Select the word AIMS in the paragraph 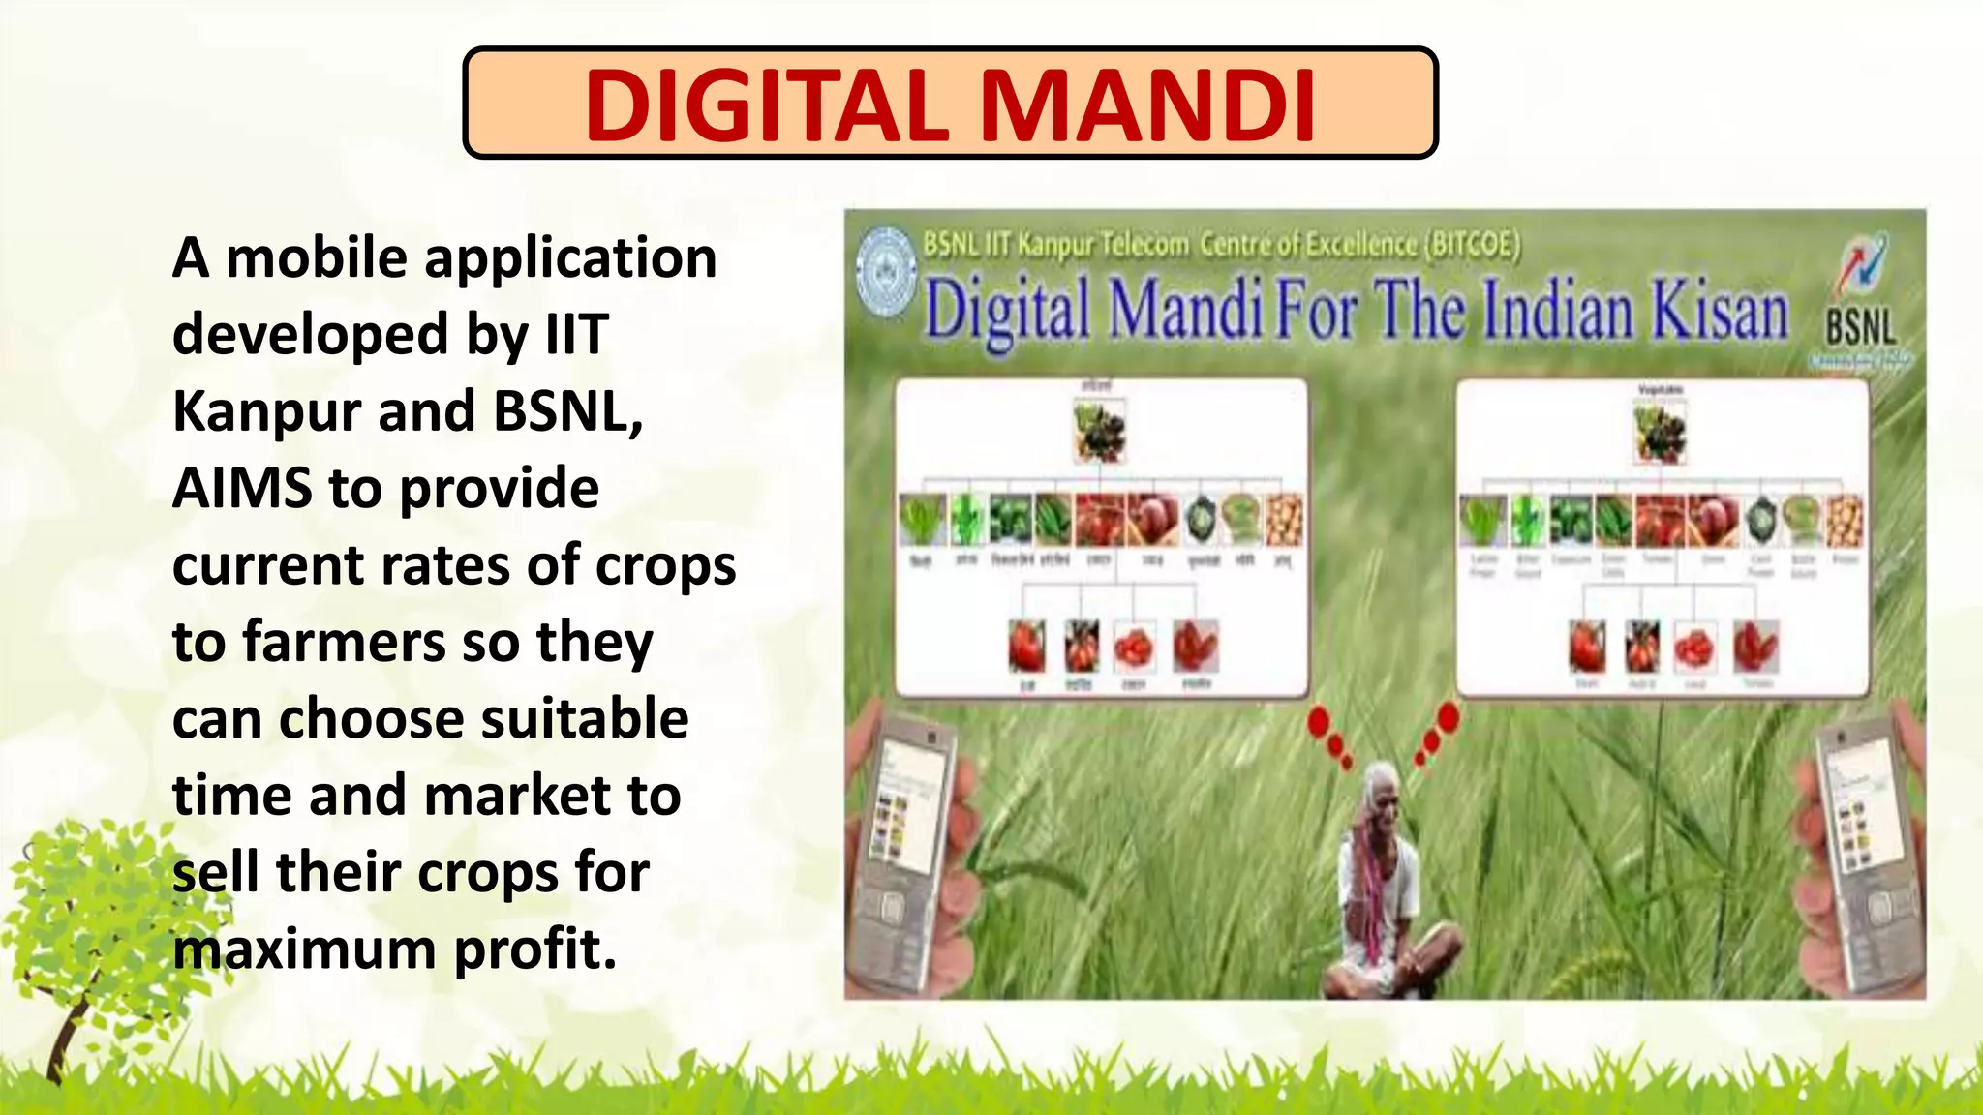coord(242,488)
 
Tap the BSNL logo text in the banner coord(1860,326)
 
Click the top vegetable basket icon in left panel coord(1099,432)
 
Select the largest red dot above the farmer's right coord(1448,717)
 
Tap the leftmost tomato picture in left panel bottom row coord(1026,647)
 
